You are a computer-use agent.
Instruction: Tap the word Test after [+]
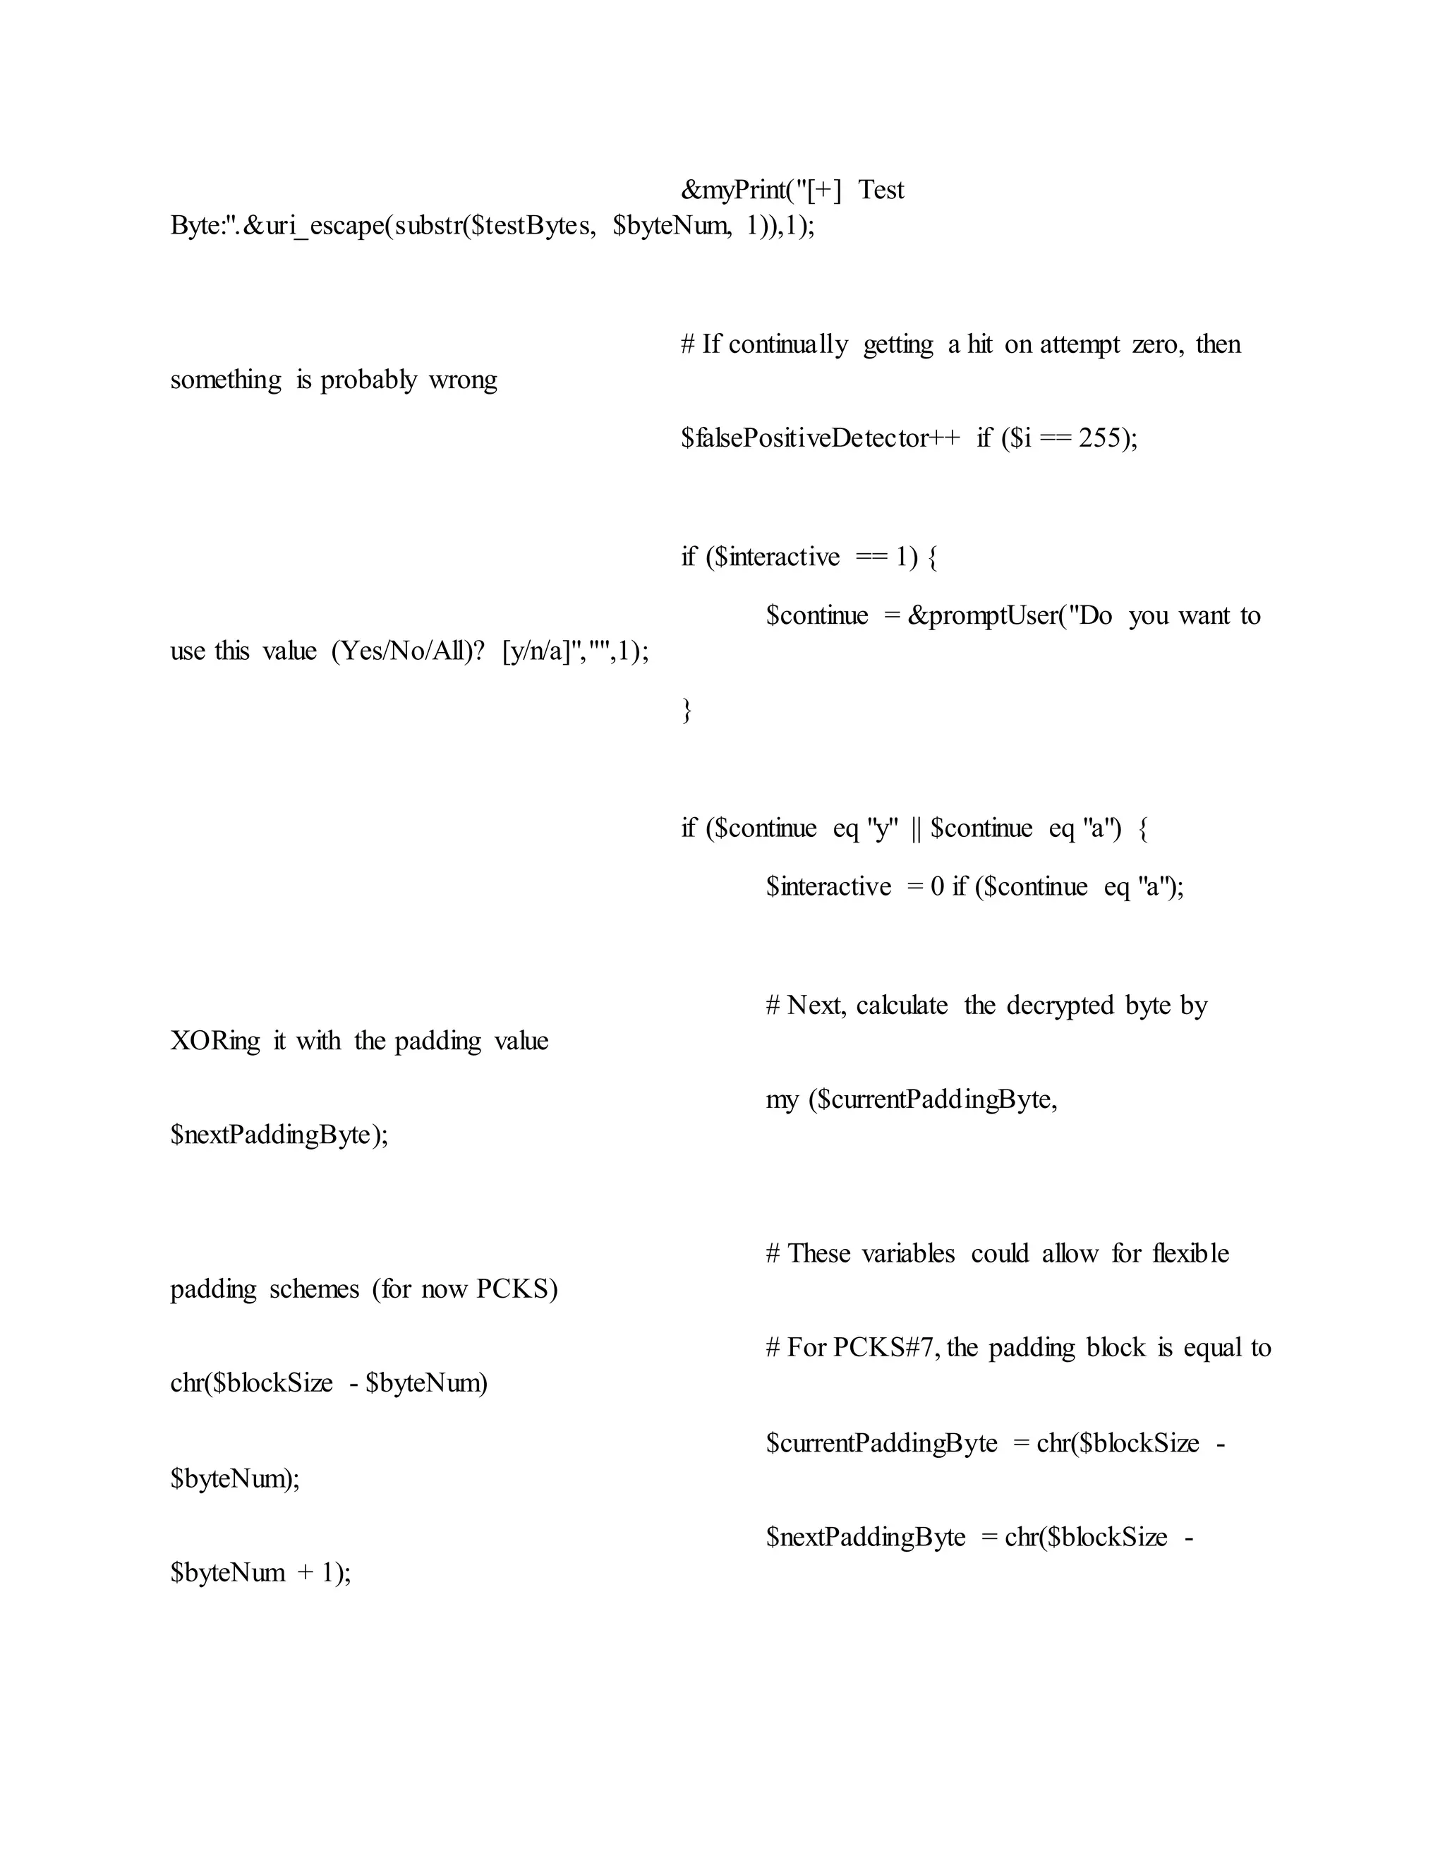881,190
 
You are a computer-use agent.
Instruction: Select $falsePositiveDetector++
820,438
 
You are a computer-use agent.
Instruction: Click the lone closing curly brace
687,710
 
